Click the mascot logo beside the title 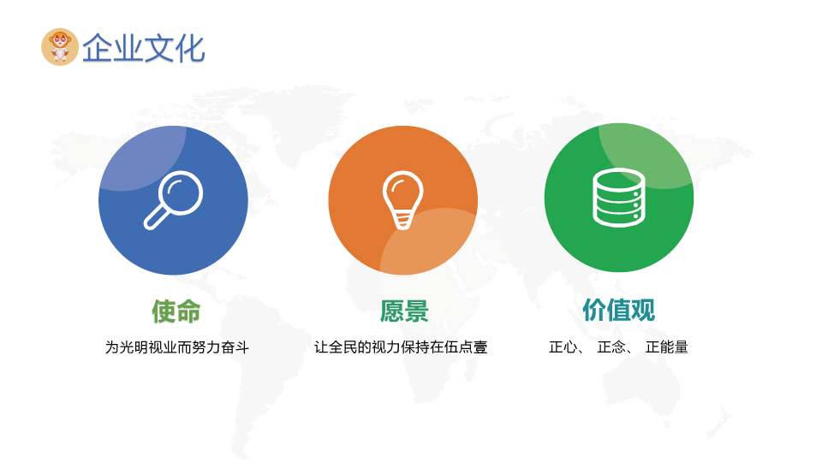[60, 47]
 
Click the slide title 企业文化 [143, 48]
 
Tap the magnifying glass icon [174, 200]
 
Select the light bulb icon [402, 200]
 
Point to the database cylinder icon [619, 198]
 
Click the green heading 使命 [176, 311]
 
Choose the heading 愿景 [404, 311]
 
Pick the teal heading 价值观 [618, 310]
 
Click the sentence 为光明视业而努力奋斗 [177, 347]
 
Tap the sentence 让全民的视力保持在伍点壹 [401, 347]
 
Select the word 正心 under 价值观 [563, 347]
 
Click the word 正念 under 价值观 [611, 347]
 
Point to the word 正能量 [667, 347]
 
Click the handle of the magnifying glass [156, 218]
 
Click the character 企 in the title [98, 48]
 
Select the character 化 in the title [190, 48]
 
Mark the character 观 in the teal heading [643, 310]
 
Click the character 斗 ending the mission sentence [242, 347]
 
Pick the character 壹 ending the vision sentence [480, 347]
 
